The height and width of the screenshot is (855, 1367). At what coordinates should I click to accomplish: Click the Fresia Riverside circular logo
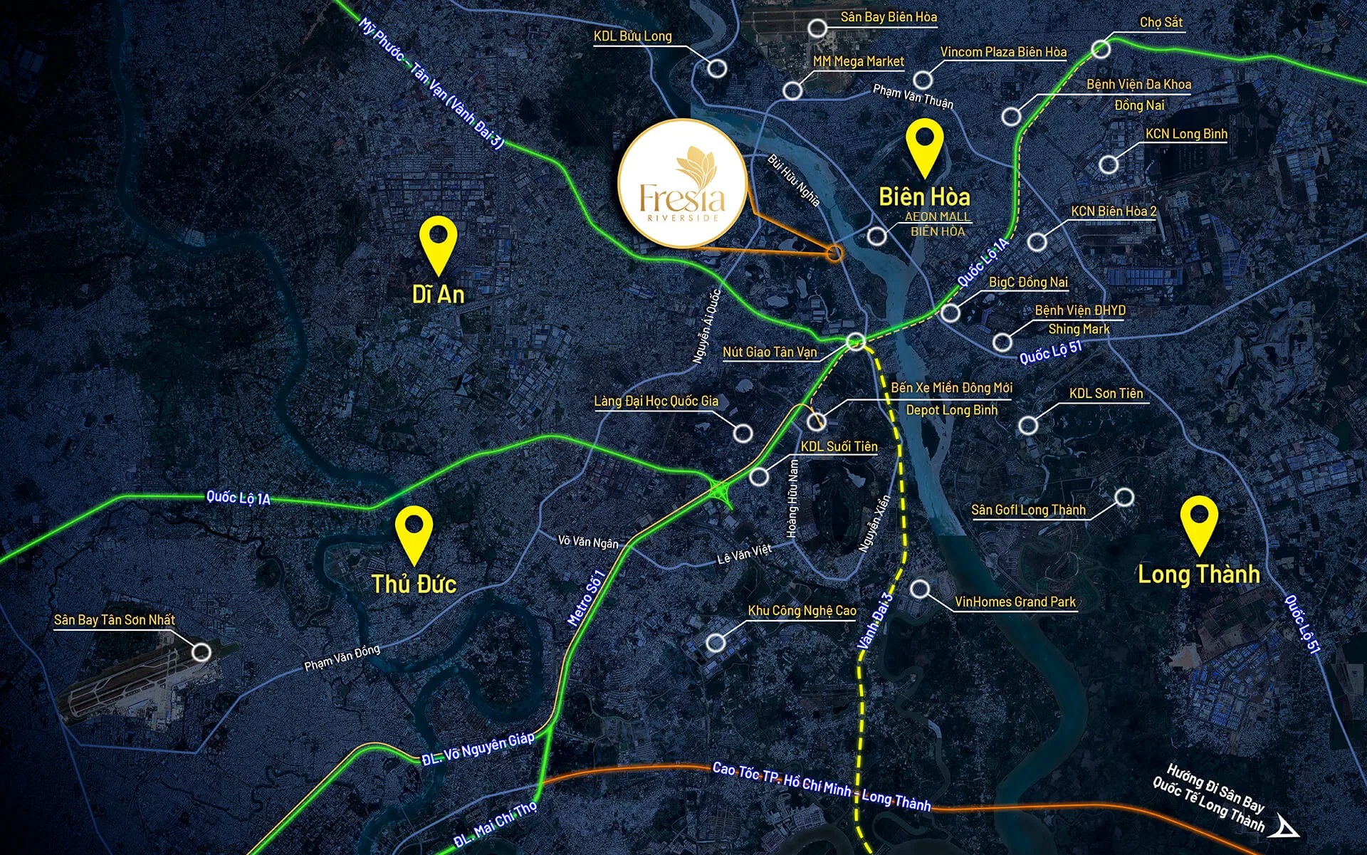[681, 183]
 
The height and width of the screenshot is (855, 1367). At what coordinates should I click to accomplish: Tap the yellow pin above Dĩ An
[438, 243]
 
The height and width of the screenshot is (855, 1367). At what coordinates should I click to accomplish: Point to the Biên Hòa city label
[924, 196]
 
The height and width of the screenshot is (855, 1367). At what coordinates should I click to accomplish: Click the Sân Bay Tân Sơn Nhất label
[115, 619]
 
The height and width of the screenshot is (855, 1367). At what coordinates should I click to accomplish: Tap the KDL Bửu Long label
[633, 36]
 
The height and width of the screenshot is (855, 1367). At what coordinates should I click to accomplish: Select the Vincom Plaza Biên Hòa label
[1003, 51]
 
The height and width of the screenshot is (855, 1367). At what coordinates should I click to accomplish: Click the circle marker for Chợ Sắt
[1101, 48]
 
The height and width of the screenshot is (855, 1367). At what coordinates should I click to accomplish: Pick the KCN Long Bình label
[1186, 133]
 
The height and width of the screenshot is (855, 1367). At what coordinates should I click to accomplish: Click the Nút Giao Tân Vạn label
[770, 352]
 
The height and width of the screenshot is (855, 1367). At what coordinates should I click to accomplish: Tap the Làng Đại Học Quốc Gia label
[656, 401]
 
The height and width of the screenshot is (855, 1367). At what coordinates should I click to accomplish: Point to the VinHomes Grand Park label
[1015, 602]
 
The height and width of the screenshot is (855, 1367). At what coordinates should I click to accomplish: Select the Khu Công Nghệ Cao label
[802, 610]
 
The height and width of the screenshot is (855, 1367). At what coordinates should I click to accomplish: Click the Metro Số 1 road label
[586, 598]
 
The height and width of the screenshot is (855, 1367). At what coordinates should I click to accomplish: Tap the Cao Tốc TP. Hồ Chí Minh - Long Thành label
[822, 787]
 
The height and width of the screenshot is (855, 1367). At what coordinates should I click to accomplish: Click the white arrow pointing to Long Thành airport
[1288, 827]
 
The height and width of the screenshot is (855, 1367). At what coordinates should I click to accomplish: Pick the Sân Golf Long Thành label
[1028, 510]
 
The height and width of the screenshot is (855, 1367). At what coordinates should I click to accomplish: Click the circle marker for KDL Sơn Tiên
[1027, 426]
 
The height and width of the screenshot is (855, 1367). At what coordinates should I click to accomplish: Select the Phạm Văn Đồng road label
[342, 656]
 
